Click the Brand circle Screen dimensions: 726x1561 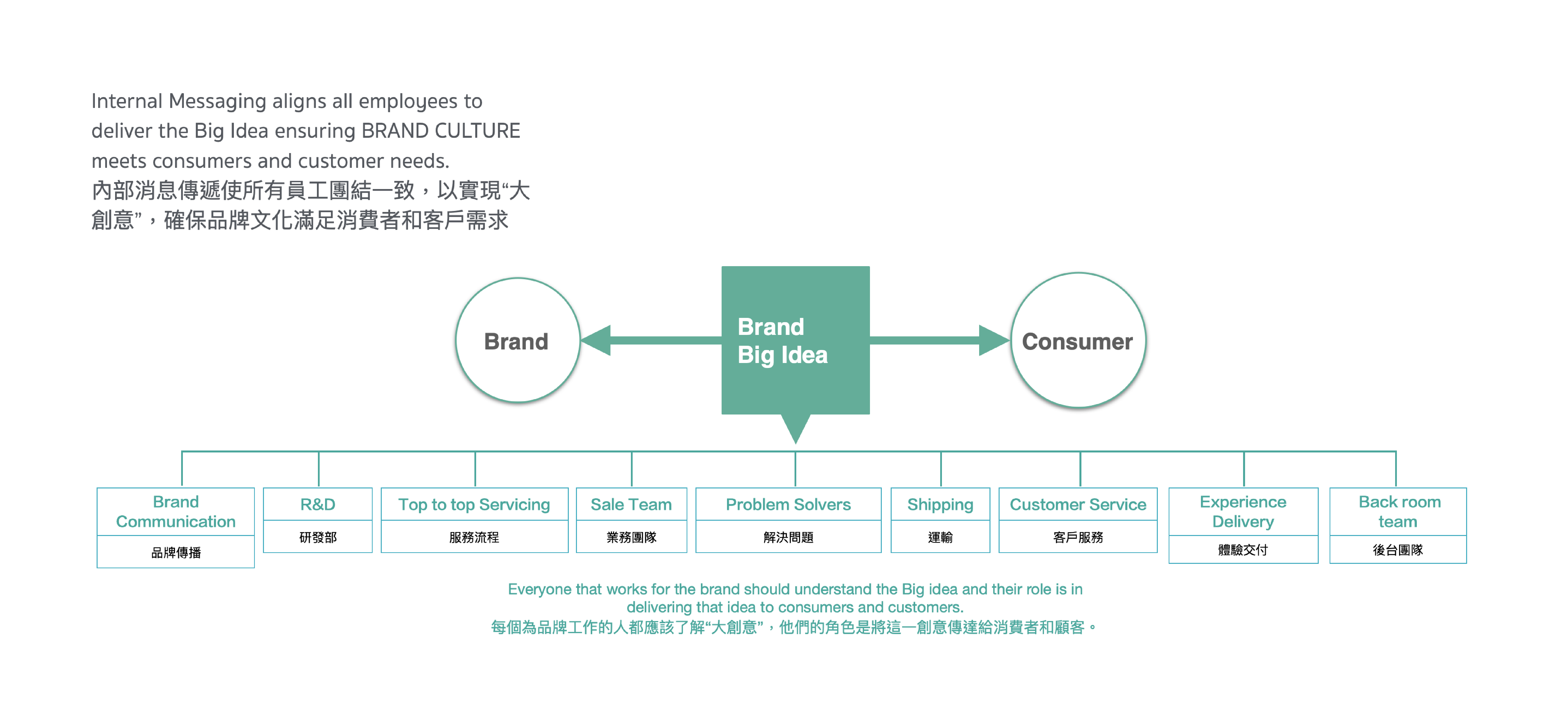518,341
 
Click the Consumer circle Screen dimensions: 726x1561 1078,341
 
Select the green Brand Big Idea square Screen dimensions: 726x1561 795,340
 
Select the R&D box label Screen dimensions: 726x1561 317,504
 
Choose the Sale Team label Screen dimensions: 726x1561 631,504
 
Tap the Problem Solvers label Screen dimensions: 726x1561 788,504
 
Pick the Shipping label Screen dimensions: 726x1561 940,504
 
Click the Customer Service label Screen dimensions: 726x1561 1077,504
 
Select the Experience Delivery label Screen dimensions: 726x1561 1243,511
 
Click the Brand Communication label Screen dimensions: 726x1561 176,511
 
